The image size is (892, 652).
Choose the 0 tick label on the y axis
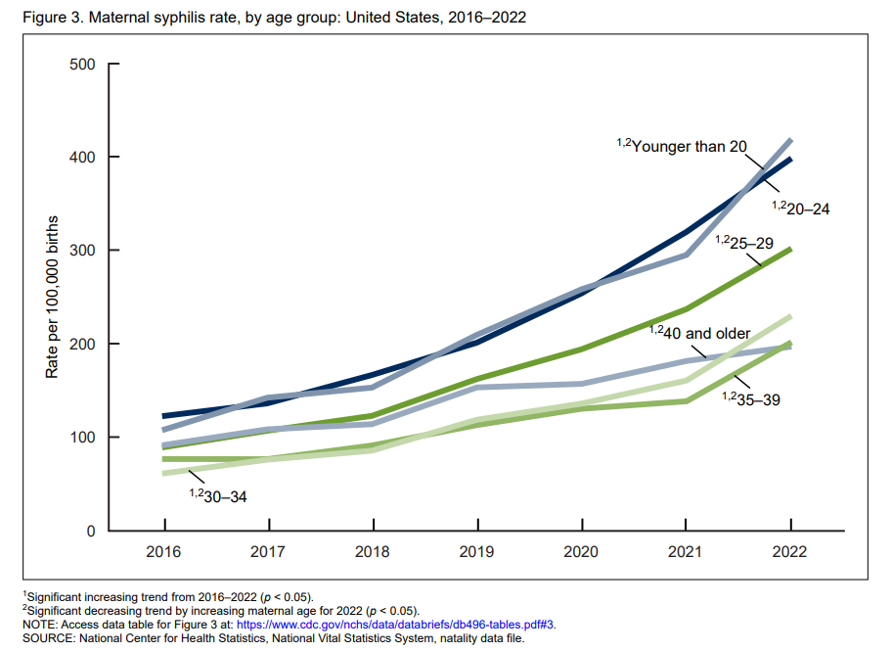coord(88,532)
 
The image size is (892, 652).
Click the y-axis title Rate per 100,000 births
coord(53,298)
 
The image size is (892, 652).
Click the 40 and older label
coord(706,333)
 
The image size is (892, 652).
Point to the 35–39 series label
coord(756,399)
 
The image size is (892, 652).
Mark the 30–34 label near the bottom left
coord(224,495)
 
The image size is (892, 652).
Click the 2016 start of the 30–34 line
coord(163,474)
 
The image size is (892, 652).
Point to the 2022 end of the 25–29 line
coord(789,250)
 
